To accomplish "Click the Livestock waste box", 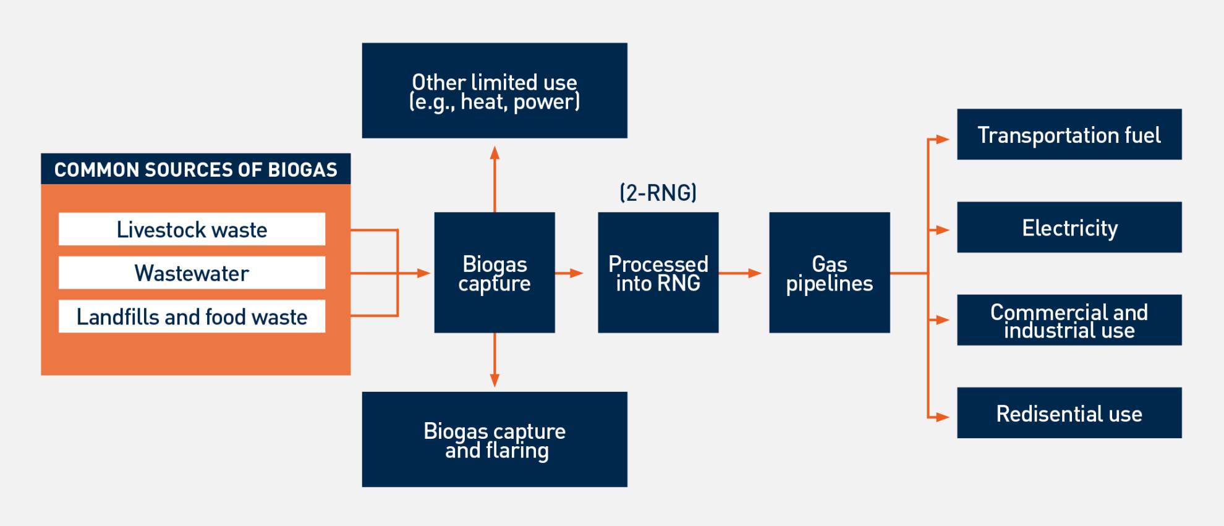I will click(192, 229).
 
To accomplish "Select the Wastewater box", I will click(192, 273).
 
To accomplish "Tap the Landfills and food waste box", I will click(192, 316).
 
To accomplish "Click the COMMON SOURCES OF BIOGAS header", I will click(195, 169).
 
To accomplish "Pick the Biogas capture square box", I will click(494, 273).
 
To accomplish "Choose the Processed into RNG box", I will click(658, 273).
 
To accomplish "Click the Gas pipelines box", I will click(829, 273).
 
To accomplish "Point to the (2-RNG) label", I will click(658, 193).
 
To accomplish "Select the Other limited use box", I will click(494, 91).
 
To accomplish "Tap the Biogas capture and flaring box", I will click(494, 439).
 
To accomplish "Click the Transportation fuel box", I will click(1069, 135).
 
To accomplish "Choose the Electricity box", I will click(1069, 227).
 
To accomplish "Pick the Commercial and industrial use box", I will click(1069, 320).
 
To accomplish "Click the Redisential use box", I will click(1069, 413).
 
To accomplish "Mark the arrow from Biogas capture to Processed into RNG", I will click(569, 273).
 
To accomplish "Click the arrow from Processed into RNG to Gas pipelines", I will click(740, 273).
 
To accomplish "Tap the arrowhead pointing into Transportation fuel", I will click(942, 140).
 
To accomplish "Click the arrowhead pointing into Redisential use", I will click(942, 417).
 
